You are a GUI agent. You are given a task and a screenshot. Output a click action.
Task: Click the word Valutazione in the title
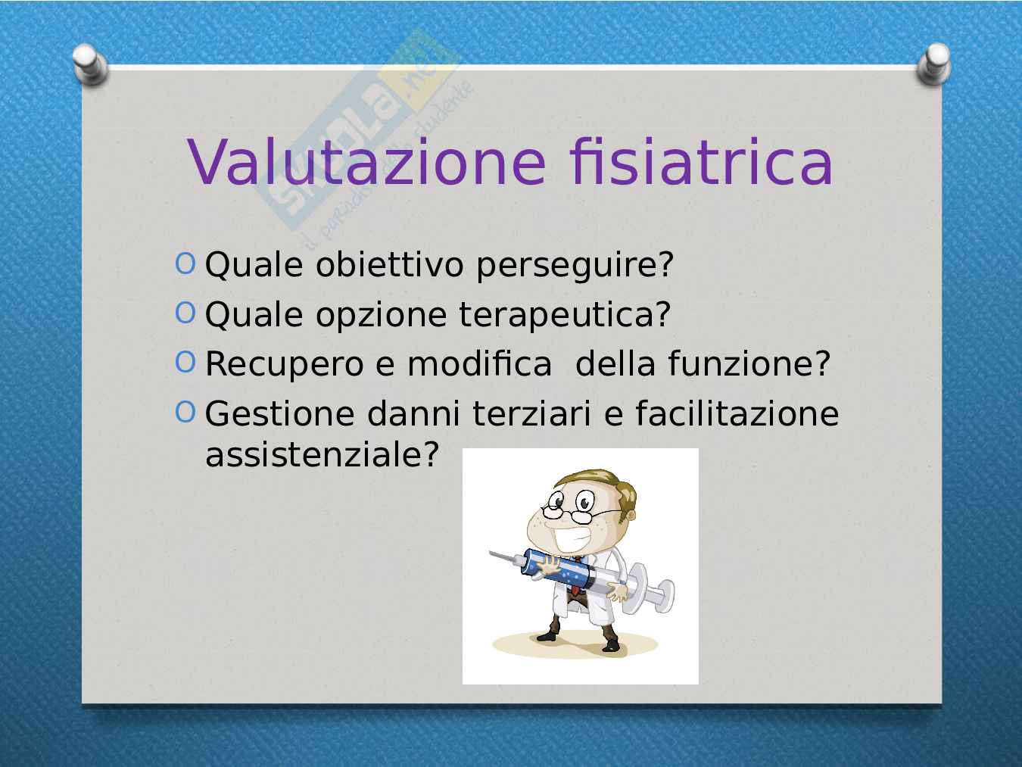tap(367, 161)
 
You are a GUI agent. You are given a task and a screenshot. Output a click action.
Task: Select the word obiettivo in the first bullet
tap(390, 265)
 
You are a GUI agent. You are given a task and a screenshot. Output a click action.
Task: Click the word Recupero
tap(285, 365)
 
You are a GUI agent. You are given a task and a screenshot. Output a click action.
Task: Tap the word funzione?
tap(749, 363)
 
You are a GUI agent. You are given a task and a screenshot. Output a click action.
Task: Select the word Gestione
tap(280, 413)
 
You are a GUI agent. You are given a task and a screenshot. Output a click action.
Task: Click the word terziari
tap(531, 413)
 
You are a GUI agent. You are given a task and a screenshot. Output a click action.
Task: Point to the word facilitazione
tap(737, 413)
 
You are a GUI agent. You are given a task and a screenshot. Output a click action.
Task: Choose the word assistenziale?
tap(322, 454)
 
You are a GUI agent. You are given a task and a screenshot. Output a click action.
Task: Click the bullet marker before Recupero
tap(185, 362)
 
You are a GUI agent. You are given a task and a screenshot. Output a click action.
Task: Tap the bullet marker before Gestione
tap(185, 412)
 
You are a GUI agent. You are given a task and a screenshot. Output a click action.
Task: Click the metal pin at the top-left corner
tap(90, 64)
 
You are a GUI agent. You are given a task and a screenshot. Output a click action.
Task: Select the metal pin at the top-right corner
tap(933, 64)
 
